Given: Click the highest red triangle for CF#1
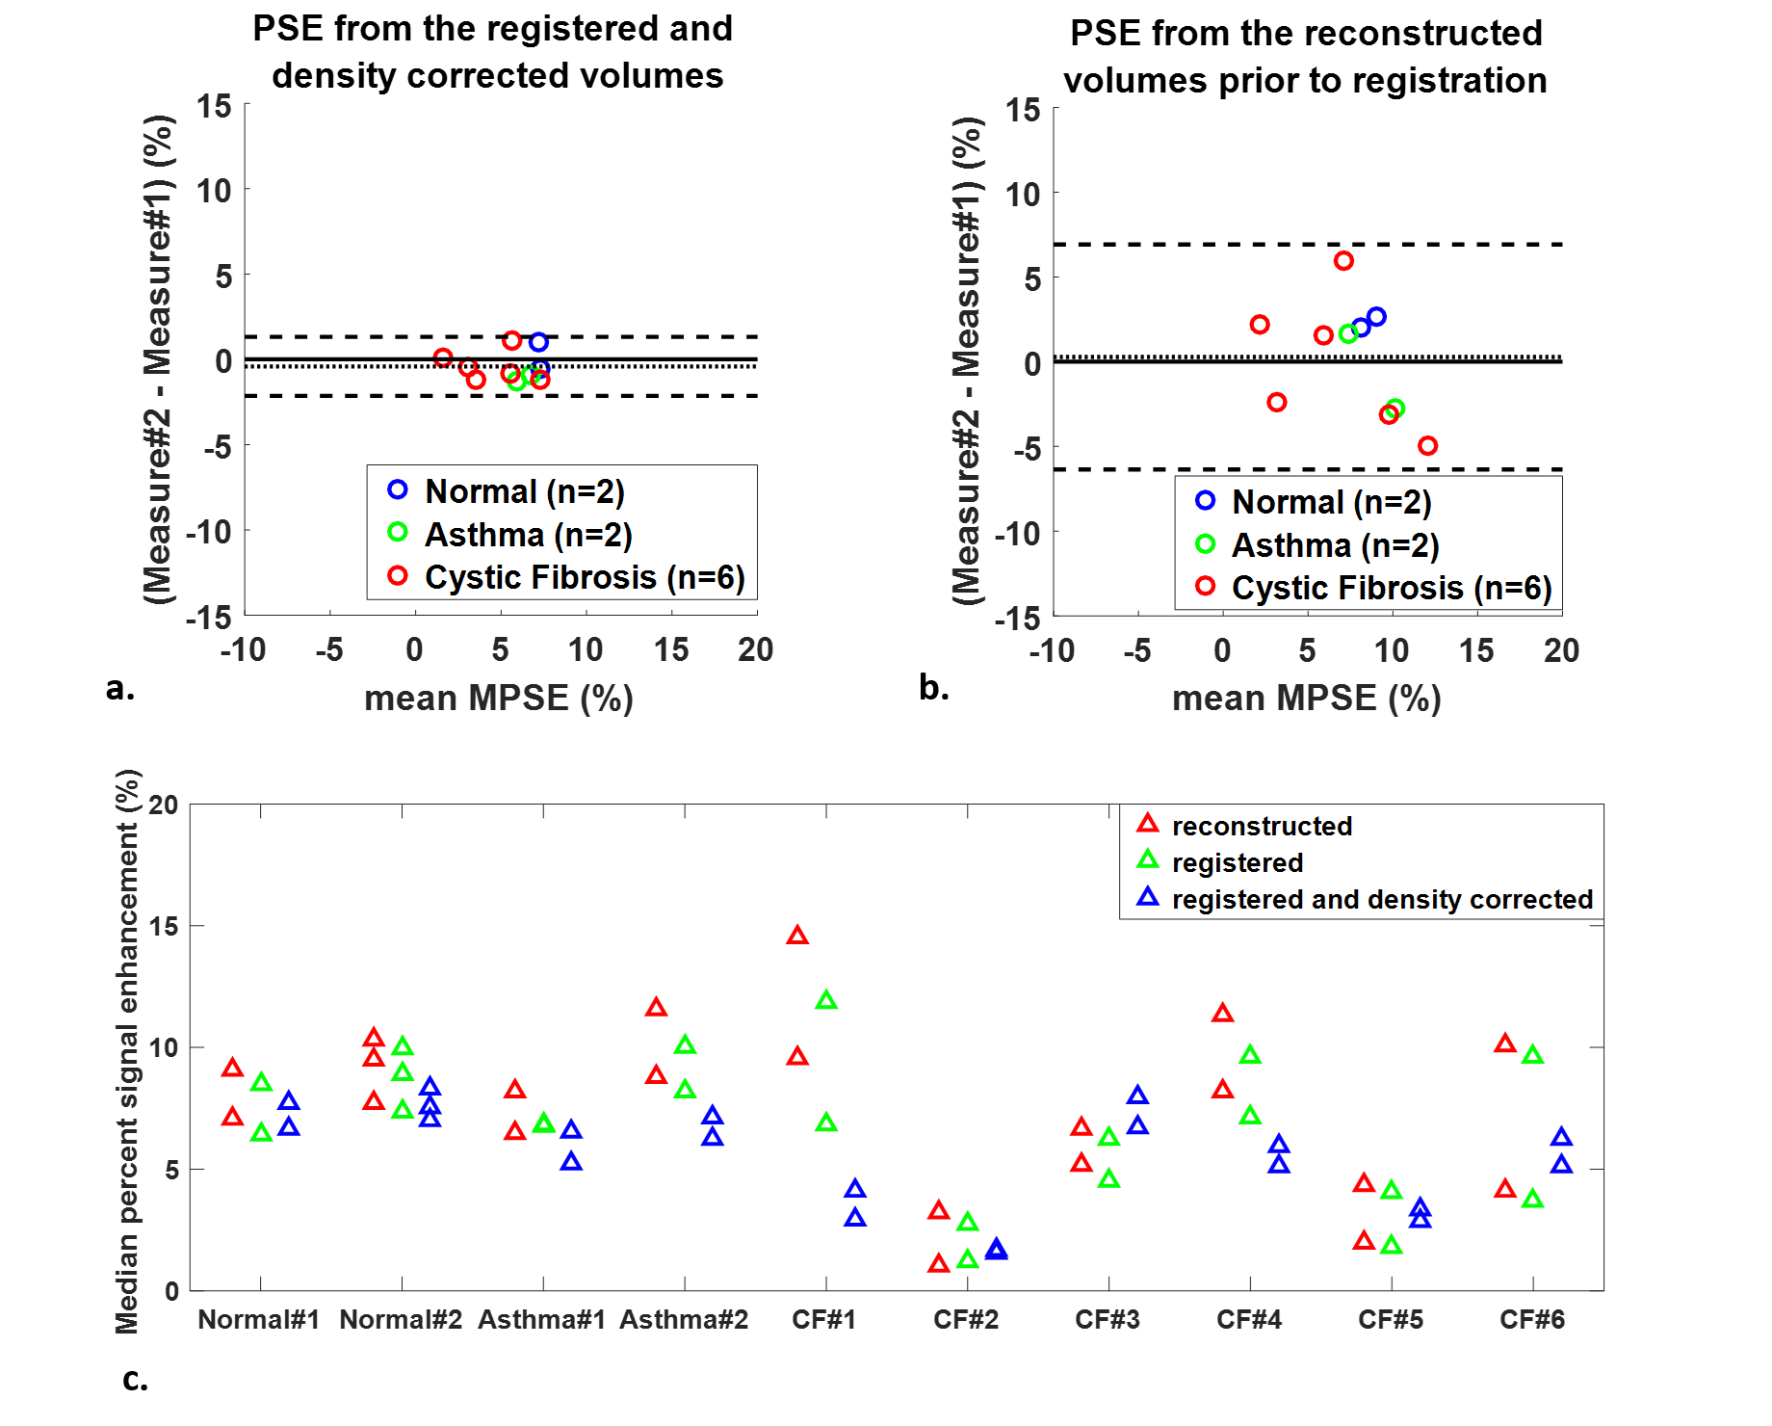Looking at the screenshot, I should click(x=797, y=936).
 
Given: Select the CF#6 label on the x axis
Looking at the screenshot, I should click(x=1532, y=1319).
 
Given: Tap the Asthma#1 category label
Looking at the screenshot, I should click(x=542, y=1319).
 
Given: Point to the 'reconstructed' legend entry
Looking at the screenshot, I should click(x=1262, y=826).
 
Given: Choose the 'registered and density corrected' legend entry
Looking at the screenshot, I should click(x=1382, y=899).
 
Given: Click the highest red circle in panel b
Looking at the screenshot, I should click(x=1343, y=261).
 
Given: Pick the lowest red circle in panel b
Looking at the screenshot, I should click(x=1428, y=445).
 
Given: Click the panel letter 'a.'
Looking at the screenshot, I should click(x=120, y=688).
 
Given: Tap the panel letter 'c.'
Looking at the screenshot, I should click(x=135, y=1380).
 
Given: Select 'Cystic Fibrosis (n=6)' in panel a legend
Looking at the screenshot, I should click(x=585, y=577).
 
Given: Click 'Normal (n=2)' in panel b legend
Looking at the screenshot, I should click(x=1332, y=502).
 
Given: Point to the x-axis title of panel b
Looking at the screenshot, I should click(x=1306, y=698).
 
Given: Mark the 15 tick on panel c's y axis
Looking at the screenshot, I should click(x=164, y=926).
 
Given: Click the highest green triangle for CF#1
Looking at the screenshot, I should click(x=826, y=1001).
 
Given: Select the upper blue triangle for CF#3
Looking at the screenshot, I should click(x=1137, y=1096).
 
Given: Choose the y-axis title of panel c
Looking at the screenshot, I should click(x=127, y=1050).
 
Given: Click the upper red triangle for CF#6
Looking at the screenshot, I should click(x=1505, y=1043).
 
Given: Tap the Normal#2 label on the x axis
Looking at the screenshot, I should click(x=401, y=1319).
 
